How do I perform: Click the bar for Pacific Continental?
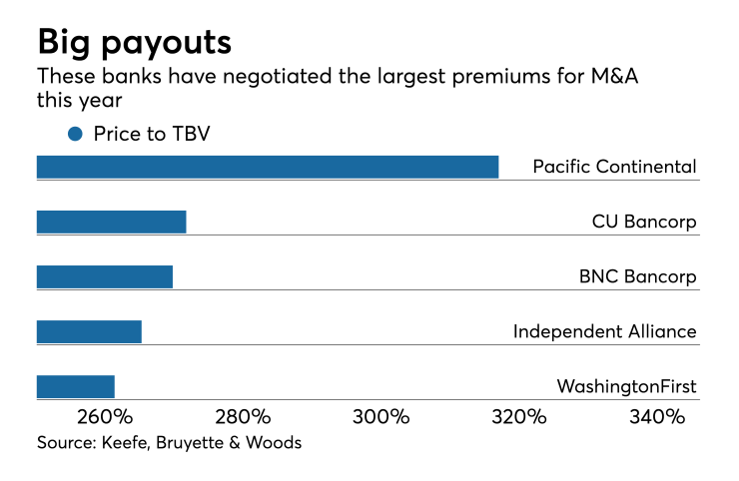(268, 167)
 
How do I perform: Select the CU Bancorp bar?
(111, 222)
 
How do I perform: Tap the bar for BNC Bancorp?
(105, 276)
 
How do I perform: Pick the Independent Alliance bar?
(89, 331)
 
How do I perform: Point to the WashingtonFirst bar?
(76, 386)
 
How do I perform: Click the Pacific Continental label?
(614, 167)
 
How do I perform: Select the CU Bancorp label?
(644, 222)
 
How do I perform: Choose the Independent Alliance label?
(604, 331)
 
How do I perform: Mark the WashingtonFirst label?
(626, 386)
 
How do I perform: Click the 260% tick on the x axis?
(104, 417)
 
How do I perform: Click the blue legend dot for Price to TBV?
(75, 134)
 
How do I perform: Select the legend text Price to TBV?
(152, 134)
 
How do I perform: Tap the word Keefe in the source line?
(127, 442)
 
